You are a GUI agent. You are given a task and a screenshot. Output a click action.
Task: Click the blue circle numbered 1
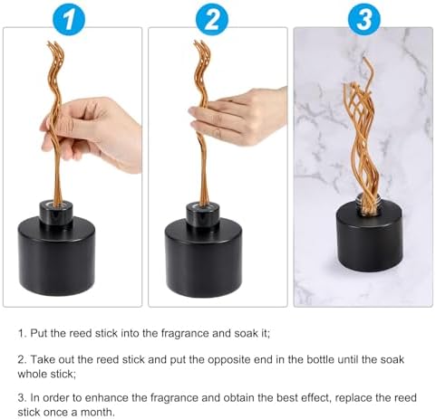[x=69, y=19]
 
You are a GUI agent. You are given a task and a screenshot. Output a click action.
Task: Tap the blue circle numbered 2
[x=212, y=19]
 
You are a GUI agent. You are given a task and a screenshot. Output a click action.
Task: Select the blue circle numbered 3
[x=364, y=19]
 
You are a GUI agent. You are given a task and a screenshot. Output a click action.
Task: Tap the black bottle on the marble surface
[x=370, y=235]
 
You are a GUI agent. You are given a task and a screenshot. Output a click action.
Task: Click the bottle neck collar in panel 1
[x=56, y=213]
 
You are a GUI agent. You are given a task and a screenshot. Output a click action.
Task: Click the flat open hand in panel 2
[x=238, y=116]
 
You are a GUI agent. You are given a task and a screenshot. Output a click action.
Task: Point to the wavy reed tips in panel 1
[x=56, y=61]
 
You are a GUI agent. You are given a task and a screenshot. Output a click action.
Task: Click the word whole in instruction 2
[x=32, y=374]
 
